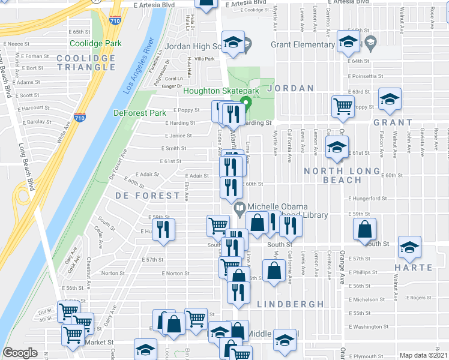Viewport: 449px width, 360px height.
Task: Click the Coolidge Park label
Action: tap(95, 43)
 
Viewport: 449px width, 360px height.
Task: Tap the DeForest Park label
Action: tap(139, 113)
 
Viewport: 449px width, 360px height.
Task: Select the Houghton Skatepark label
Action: tap(221, 91)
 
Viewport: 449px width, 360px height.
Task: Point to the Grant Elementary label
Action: tap(303, 44)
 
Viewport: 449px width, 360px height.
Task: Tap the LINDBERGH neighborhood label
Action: tap(291, 304)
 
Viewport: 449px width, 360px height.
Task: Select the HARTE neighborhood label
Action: tap(414, 267)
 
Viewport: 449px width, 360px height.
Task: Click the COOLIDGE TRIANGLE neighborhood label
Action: tap(86, 62)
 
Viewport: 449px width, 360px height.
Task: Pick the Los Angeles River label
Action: tap(139, 66)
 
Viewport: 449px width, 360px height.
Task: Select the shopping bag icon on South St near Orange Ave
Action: tap(365, 230)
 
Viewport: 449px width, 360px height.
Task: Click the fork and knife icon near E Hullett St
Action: tap(163, 229)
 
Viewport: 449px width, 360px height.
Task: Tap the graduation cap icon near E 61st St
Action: tap(337, 146)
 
